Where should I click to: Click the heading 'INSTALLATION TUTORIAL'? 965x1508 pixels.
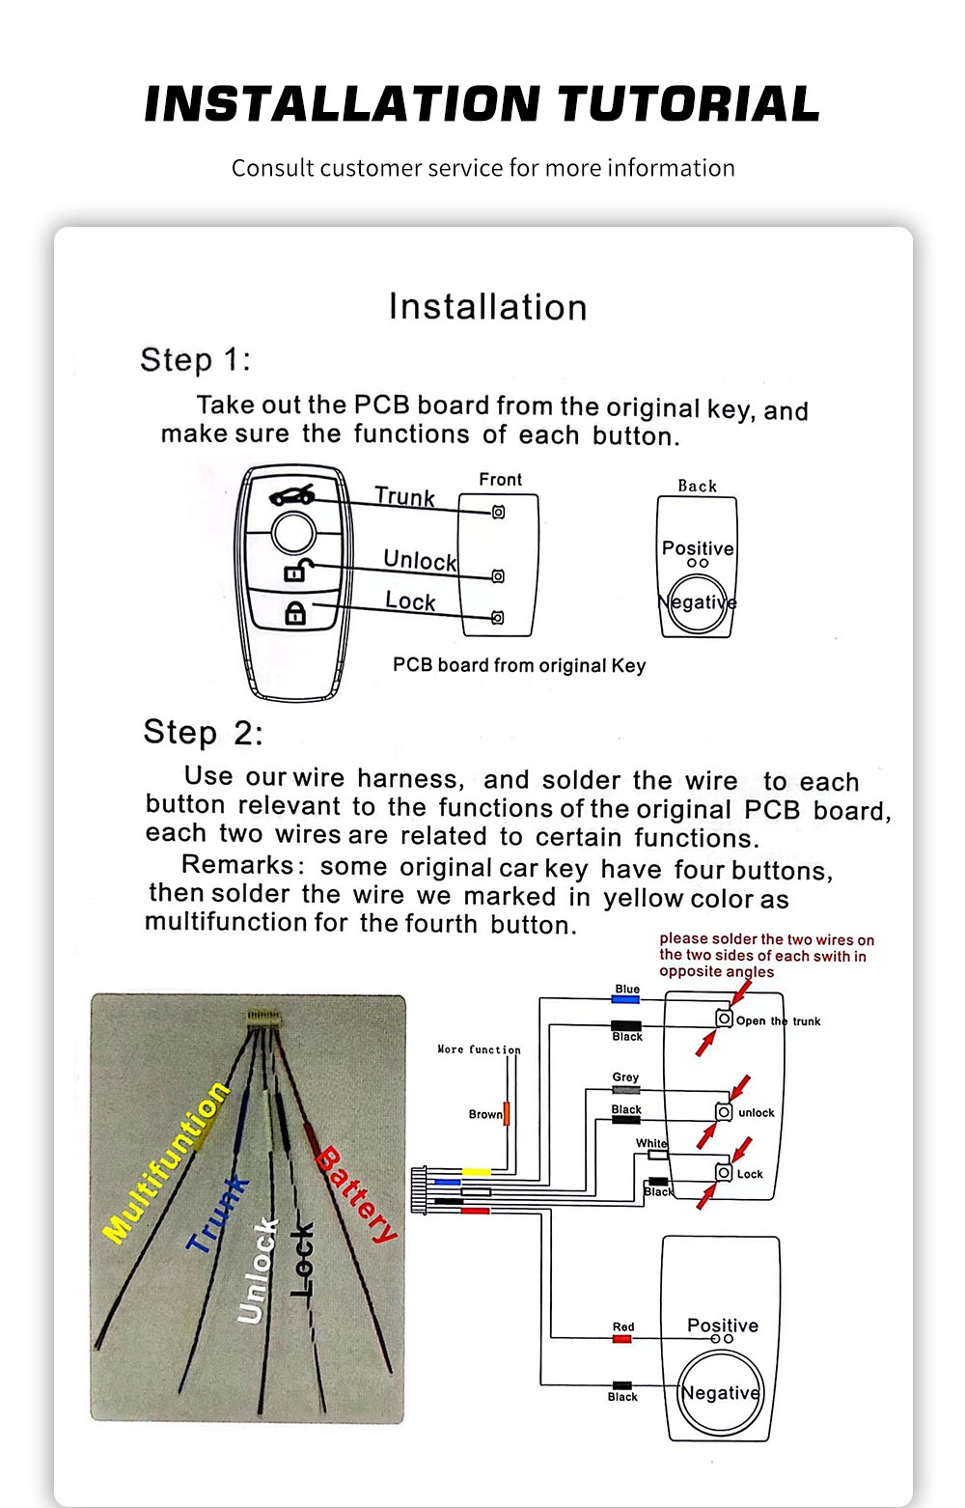[x=482, y=104]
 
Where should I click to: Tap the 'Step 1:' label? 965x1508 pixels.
[x=195, y=360]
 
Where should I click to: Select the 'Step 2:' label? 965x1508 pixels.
[x=203, y=732]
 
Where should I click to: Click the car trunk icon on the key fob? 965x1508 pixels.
[x=291, y=495]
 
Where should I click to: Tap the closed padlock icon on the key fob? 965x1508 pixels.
[x=295, y=613]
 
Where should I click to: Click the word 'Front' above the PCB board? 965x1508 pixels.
[x=500, y=480]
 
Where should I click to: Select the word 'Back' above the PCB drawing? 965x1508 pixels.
[x=697, y=487]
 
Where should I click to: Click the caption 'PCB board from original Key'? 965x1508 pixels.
[x=519, y=665]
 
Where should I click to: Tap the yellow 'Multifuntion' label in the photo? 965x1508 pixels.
[x=166, y=1161]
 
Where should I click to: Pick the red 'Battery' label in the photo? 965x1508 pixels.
[x=357, y=1193]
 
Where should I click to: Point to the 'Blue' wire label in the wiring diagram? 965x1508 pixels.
[x=627, y=990]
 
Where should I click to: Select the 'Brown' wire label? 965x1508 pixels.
[x=485, y=1114]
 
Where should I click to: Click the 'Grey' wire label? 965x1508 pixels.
[x=625, y=1077]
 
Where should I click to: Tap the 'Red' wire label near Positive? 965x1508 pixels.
[x=623, y=1327]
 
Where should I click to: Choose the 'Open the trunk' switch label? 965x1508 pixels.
[x=778, y=1021]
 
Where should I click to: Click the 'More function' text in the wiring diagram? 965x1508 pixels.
[x=479, y=1049]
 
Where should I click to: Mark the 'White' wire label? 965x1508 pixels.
[x=651, y=1143]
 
